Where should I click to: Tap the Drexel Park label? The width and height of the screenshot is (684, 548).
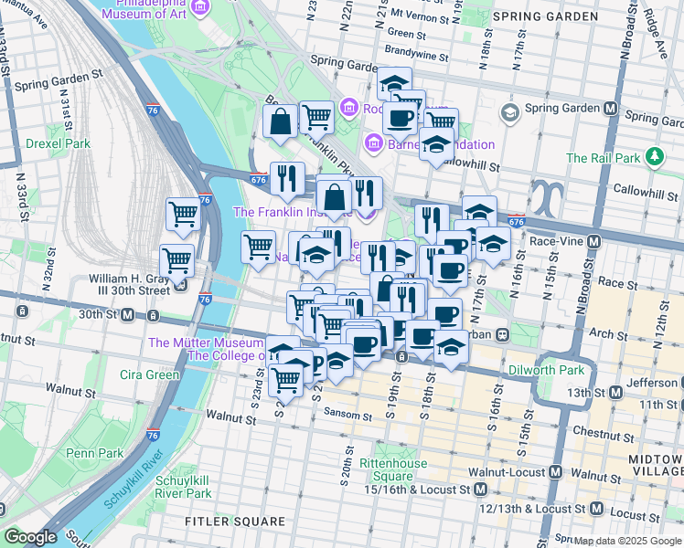click(58, 143)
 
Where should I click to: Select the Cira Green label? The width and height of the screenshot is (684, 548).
click(150, 374)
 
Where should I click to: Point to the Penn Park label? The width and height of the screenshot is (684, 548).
click(95, 452)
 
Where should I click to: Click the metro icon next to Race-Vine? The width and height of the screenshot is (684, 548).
click(594, 241)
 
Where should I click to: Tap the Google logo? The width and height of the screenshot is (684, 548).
click(29, 537)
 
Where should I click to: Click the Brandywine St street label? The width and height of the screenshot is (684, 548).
click(416, 56)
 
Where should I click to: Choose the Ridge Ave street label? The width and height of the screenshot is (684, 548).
click(660, 27)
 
